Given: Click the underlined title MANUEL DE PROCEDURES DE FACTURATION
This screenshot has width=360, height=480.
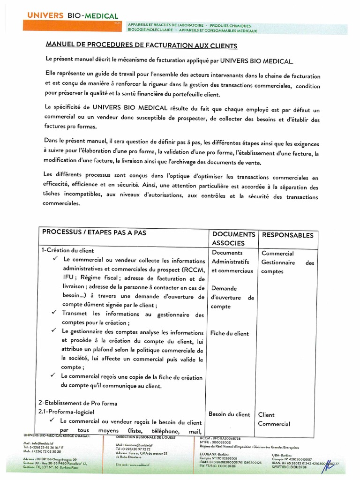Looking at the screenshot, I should click(x=141, y=45).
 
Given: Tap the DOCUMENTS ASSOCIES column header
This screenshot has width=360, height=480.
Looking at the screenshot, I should click(x=233, y=239).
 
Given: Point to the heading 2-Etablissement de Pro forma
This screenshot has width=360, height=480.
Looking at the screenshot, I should click(x=78, y=403).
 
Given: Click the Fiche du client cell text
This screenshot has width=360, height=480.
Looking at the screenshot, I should click(x=230, y=334).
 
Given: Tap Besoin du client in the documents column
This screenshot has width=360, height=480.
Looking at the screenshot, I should click(x=230, y=414).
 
